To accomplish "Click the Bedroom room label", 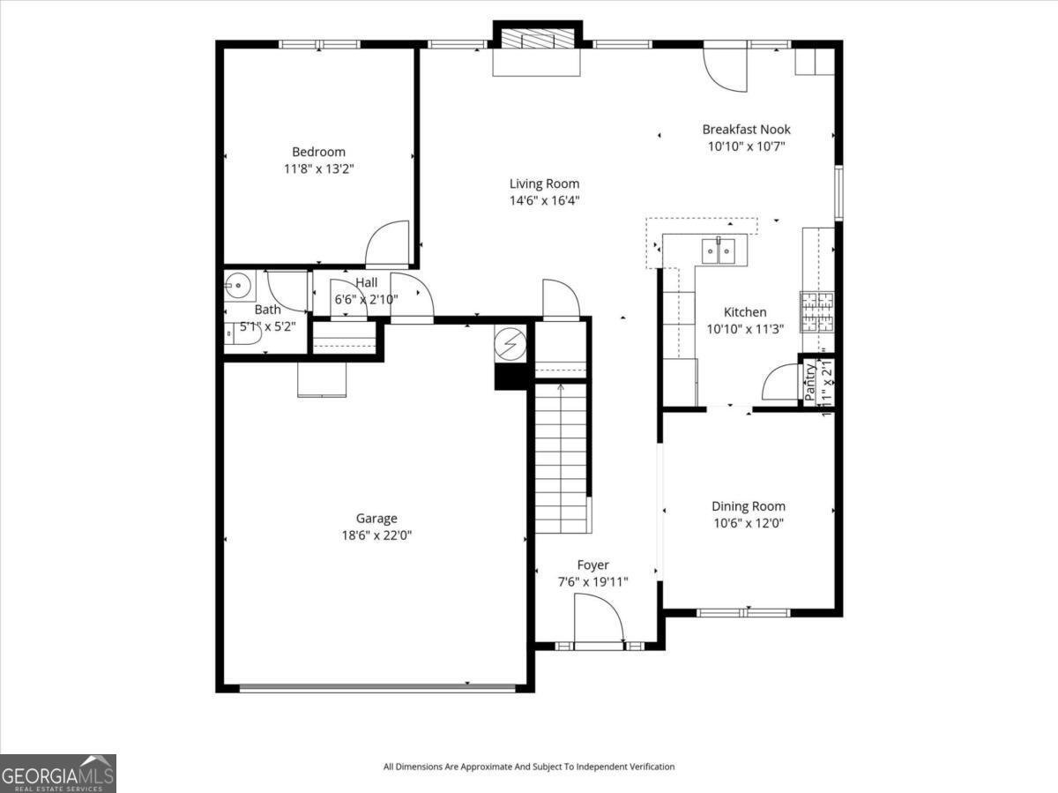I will (x=318, y=152).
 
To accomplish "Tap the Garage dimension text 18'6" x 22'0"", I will (x=376, y=535).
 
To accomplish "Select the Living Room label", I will (x=544, y=183).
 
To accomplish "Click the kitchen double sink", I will (x=718, y=251).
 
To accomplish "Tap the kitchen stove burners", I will (x=816, y=310).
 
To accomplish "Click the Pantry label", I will (x=810, y=381).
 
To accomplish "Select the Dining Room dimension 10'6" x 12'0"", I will (x=748, y=522).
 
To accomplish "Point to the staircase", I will (x=562, y=459).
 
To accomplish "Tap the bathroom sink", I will (x=236, y=285).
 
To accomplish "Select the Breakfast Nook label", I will (x=746, y=129).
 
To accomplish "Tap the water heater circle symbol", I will (x=510, y=343).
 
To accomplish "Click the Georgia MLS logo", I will (x=58, y=773).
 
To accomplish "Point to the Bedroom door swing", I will (x=389, y=243).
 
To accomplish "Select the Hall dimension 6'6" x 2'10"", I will (x=366, y=299).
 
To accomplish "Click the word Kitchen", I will (x=745, y=311).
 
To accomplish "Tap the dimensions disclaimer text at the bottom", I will (x=528, y=767).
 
